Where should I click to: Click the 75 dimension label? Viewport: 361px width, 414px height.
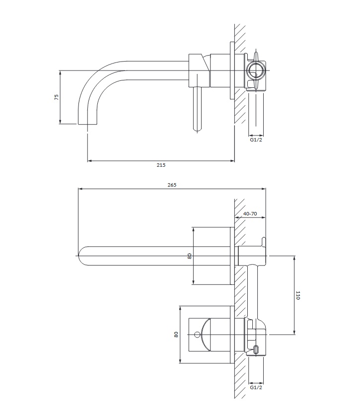click(x=57, y=97)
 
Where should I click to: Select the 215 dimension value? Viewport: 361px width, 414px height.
click(x=161, y=165)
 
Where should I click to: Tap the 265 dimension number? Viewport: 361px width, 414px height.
click(x=172, y=185)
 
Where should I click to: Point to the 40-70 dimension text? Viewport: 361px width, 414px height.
click(x=250, y=213)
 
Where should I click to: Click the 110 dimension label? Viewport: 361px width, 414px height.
click(x=298, y=295)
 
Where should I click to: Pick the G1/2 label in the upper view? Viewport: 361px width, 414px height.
click(x=256, y=139)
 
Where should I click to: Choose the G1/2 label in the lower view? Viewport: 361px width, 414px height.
click(x=256, y=387)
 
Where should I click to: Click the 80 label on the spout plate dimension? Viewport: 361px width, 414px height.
click(x=189, y=256)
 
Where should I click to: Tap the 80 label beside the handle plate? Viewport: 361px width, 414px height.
click(x=176, y=334)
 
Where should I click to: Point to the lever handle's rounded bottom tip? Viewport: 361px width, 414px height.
click(x=197, y=130)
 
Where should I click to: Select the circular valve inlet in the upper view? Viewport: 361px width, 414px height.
click(x=255, y=70)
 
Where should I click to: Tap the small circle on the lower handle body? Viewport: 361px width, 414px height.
click(x=197, y=335)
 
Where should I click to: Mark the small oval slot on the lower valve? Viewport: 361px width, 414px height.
click(x=256, y=349)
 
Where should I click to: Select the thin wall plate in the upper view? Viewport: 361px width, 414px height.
click(x=232, y=70)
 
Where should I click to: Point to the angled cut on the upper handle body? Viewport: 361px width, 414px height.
click(x=206, y=63)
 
